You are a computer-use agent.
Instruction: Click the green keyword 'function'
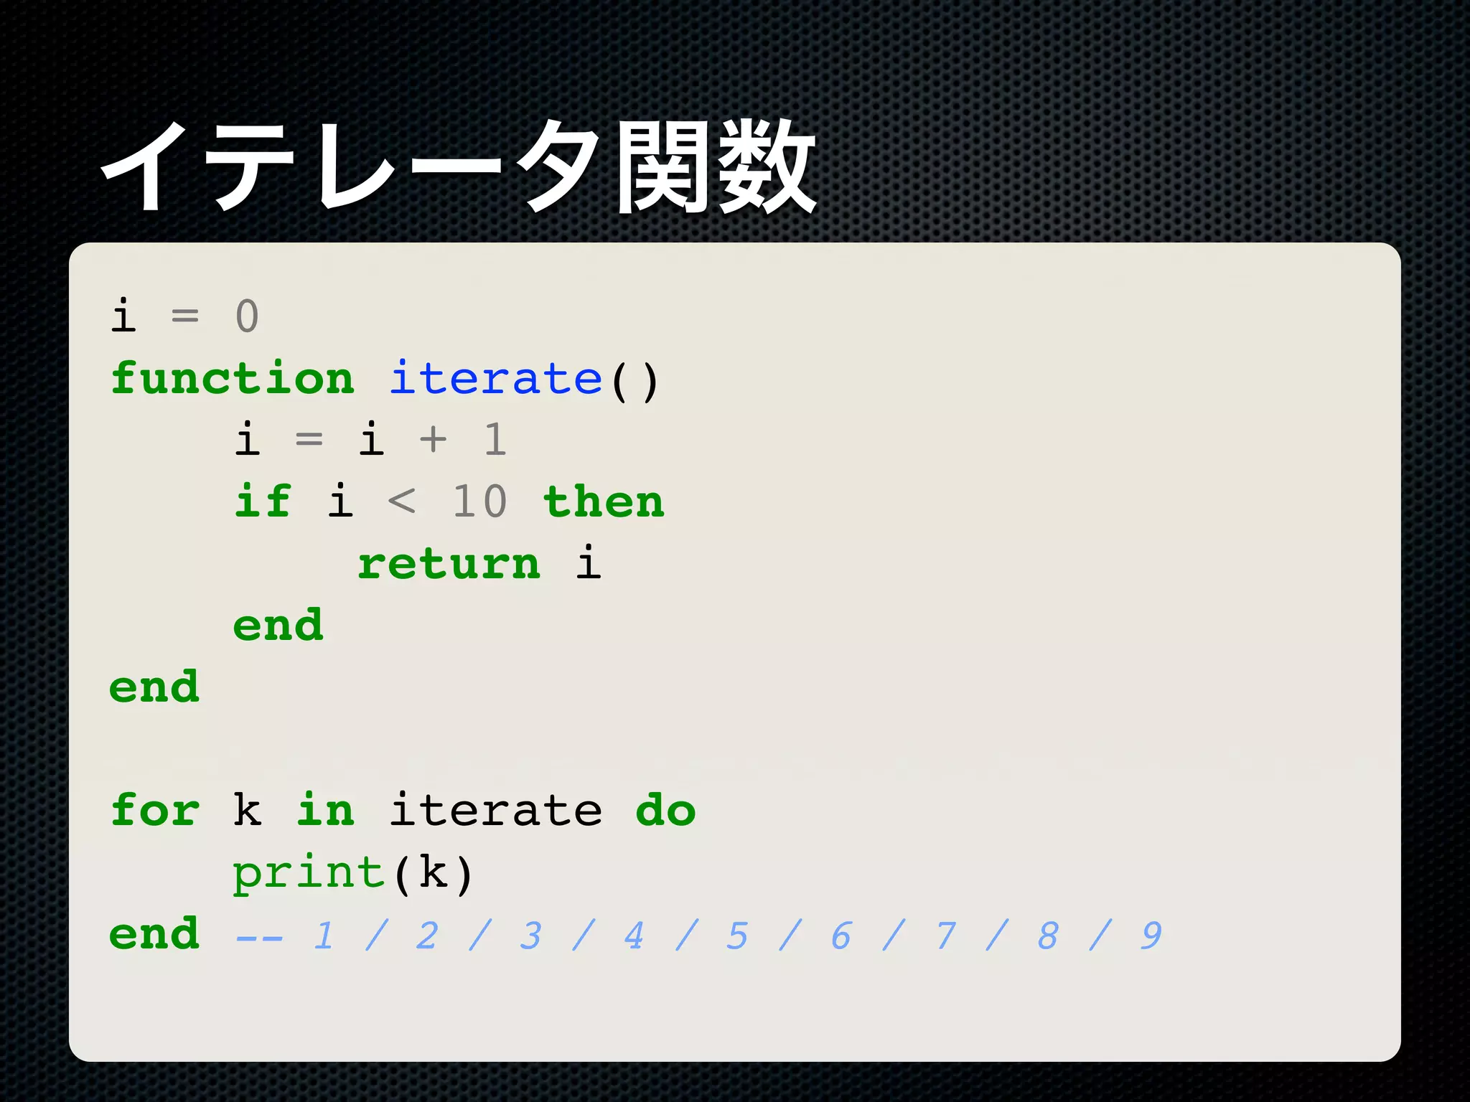233,378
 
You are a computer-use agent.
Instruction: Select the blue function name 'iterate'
495,378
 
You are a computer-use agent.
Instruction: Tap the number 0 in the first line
247,316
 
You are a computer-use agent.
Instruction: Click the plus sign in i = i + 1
433,439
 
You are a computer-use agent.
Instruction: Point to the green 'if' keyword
263,501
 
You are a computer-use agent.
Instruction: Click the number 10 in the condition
479,501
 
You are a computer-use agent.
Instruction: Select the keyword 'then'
604,501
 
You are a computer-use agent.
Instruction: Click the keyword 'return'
449,564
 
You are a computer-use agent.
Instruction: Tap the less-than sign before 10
401,501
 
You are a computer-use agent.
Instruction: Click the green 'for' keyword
155,811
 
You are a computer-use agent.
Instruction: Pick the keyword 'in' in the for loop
325,811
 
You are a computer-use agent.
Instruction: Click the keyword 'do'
665,811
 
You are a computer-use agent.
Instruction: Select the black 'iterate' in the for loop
495,811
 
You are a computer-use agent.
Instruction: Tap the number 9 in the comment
1151,936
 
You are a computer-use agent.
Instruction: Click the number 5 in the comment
737,936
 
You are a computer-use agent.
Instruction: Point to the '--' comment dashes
259,937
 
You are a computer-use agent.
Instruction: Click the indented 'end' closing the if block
278,625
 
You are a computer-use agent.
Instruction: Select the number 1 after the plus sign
495,439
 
